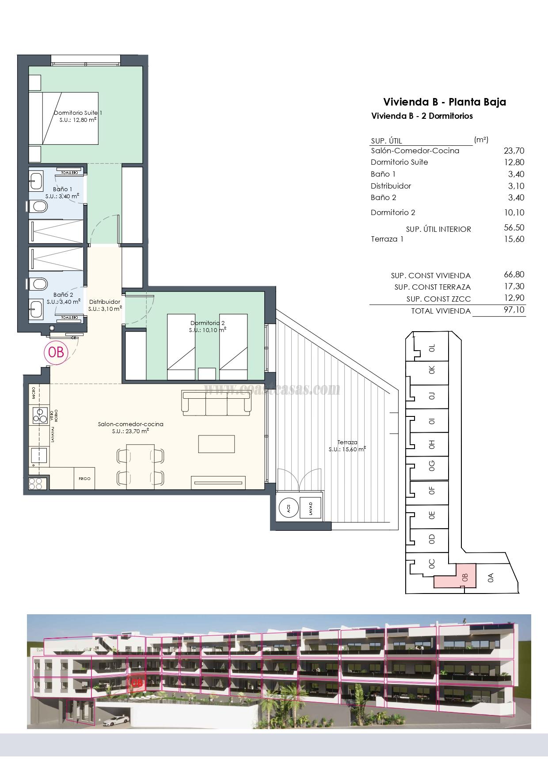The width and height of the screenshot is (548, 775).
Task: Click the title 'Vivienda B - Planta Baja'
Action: point(444,102)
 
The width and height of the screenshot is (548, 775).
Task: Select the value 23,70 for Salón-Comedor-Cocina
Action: point(514,151)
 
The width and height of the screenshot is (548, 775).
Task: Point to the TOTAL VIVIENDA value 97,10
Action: point(514,310)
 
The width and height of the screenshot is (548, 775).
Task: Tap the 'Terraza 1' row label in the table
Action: point(387,239)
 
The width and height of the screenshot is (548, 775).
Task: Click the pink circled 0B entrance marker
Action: point(57,352)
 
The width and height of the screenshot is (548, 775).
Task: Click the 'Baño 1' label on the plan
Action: point(62,189)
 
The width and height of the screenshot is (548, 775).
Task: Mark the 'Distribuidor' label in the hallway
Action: point(104,302)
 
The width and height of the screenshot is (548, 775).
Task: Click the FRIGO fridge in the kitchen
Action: point(84,478)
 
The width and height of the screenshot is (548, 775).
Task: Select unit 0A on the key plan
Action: point(490,578)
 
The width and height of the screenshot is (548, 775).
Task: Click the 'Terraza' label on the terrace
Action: point(347,442)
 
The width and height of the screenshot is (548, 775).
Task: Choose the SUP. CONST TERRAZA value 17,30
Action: point(514,287)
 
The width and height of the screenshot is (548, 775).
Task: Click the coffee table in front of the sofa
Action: point(216,444)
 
